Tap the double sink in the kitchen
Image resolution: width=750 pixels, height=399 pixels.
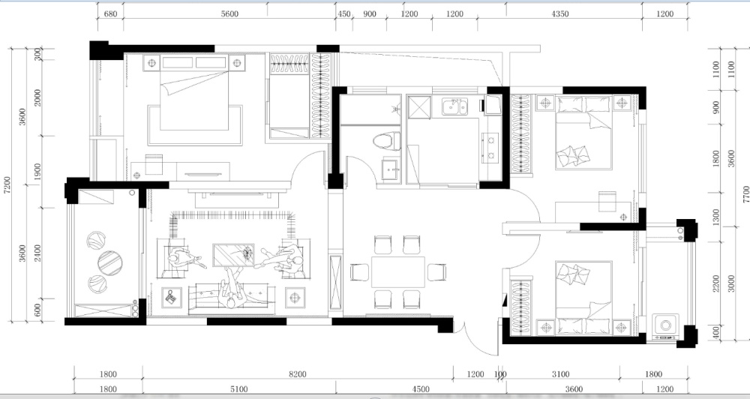(454, 107)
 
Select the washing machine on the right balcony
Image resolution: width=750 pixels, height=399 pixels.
(665, 325)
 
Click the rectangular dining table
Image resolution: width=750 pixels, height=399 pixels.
(398, 271)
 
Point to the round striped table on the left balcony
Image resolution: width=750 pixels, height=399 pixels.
(110, 263)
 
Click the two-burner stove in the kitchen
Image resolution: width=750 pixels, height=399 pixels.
(490, 147)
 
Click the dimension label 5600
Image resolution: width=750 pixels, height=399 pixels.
(229, 13)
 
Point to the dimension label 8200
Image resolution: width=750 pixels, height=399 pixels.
(298, 374)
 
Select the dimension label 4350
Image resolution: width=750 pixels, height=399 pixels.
(560, 13)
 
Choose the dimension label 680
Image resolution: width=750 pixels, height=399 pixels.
(110, 13)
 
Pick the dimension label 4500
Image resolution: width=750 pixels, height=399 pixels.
(421, 389)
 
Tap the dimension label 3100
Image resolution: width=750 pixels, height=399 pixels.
(560, 374)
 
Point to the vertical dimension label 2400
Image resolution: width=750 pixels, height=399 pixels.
(37, 253)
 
